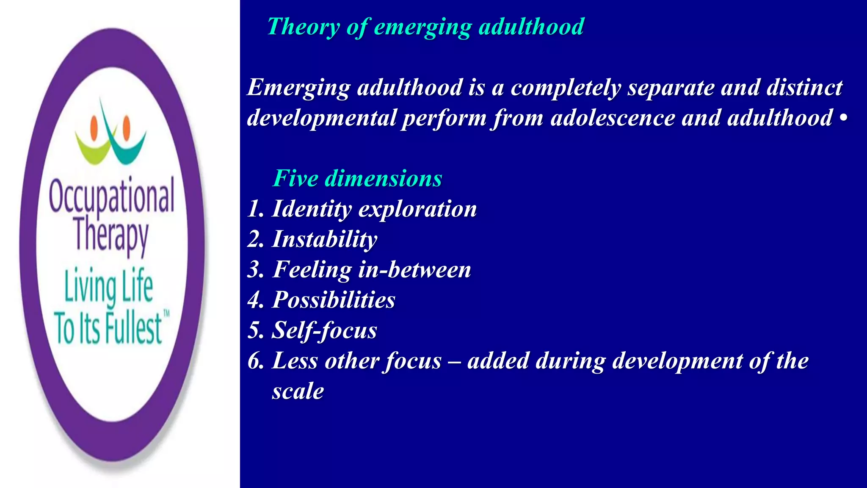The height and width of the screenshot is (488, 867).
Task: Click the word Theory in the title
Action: point(303,27)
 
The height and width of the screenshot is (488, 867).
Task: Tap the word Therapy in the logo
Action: point(111,236)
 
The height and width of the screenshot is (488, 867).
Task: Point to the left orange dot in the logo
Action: point(94,127)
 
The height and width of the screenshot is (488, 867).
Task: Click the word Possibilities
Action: point(334,300)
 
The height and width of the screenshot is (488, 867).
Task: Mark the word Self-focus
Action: point(324,331)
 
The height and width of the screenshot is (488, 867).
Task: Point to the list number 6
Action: point(255,361)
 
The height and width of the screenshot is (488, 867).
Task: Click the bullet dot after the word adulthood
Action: point(843,118)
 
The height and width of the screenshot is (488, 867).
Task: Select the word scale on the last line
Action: point(298,391)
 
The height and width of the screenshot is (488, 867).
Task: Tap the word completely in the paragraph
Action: point(566,88)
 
